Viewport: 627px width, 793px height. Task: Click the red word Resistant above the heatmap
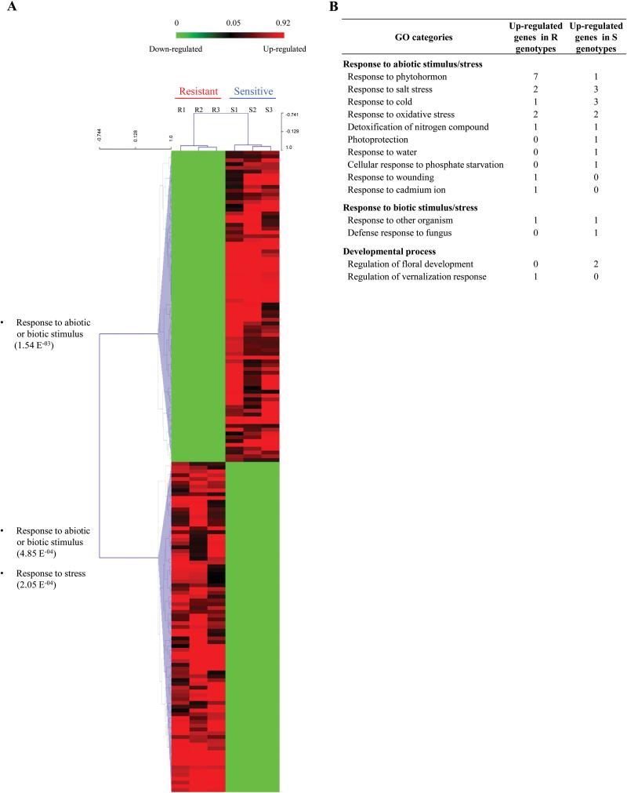tap(198, 91)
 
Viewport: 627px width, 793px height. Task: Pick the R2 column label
tap(199, 110)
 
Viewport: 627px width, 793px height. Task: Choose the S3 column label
tap(269, 110)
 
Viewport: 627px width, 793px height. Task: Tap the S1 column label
tap(234, 110)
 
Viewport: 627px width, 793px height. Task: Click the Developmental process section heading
tap(389, 250)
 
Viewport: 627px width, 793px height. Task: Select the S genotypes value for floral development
tap(595, 264)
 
